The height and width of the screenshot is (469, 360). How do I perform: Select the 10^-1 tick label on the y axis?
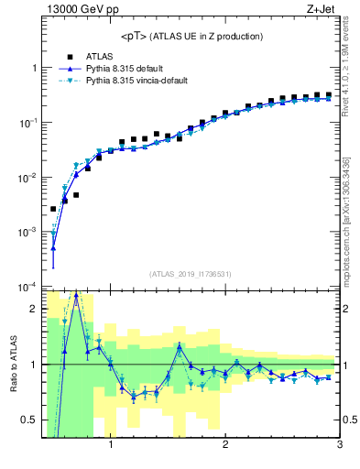tap(27, 123)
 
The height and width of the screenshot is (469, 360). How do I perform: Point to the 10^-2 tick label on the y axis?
tap(27, 178)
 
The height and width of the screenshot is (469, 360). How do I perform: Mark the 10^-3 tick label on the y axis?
tap(27, 233)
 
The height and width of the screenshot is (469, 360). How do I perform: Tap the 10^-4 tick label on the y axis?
tap(27, 287)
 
